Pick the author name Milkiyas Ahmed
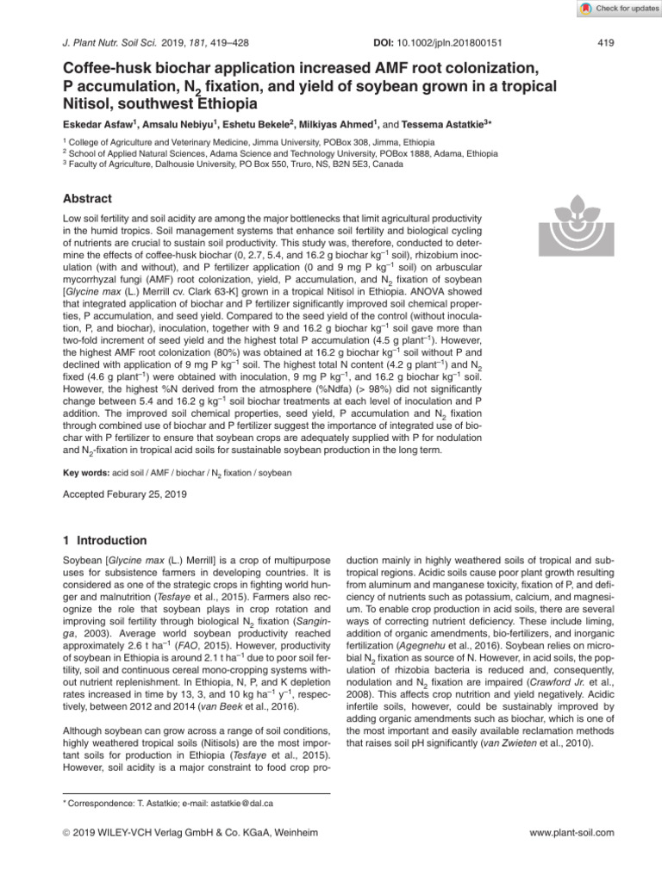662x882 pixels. click(x=327, y=122)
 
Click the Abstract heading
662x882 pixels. click(x=89, y=197)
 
